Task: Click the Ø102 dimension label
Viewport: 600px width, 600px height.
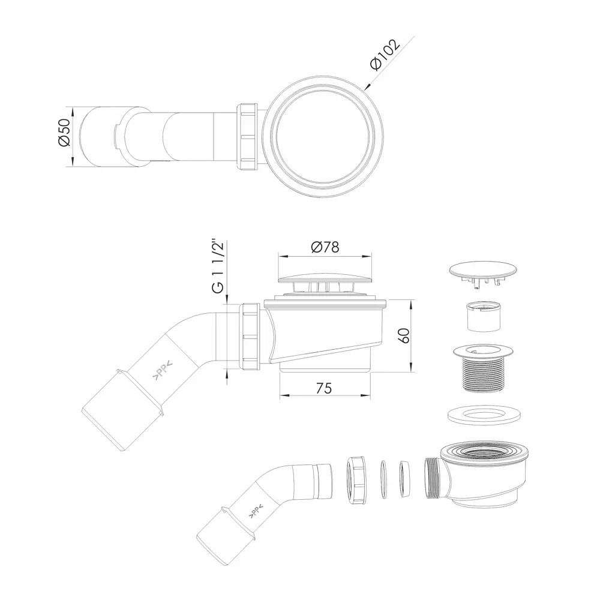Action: [x=385, y=54]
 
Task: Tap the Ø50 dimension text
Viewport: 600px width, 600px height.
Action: [x=64, y=132]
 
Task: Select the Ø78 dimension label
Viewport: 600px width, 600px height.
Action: [x=325, y=247]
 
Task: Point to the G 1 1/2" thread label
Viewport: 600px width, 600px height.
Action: [x=218, y=266]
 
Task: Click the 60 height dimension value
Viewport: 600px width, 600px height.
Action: [x=405, y=335]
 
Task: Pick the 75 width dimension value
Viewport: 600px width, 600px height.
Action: [x=324, y=388]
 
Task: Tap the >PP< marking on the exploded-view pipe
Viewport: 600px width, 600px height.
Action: [x=255, y=511]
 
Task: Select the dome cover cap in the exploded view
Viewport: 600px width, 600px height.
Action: [x=483, y=273]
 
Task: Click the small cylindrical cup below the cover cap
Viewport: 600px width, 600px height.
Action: [x=483, y=316]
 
